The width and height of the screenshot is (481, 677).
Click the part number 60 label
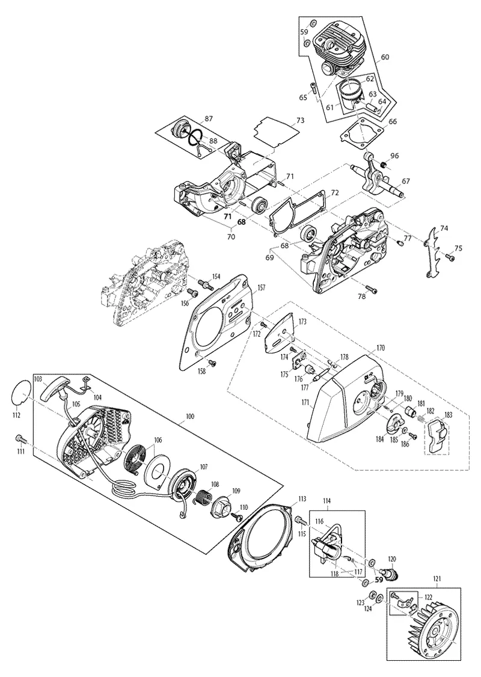385,57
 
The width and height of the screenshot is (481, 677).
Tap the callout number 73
301,120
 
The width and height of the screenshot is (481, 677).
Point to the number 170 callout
381,348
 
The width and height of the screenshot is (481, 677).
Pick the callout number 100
189,417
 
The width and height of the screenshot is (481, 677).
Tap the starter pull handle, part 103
56,387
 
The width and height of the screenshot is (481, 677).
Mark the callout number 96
394,156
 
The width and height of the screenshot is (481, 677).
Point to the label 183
448,415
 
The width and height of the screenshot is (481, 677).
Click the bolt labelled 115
299,521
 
